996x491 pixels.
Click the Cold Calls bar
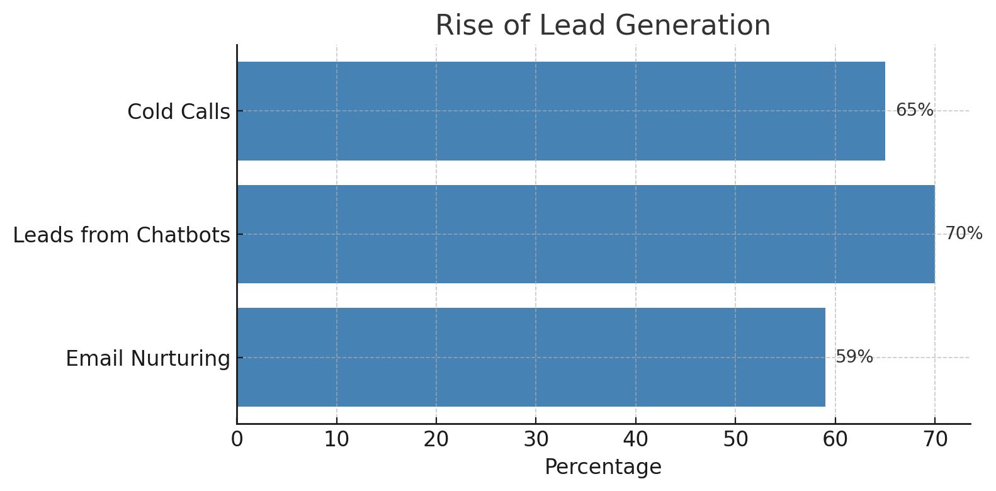click(560, 111)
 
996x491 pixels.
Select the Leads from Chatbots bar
click(586, 234)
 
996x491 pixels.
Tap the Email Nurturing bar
click(531, 357)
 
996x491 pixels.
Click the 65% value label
click(914, 111)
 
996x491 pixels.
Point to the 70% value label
click(964, 234)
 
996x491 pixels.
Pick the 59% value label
click(854, 357)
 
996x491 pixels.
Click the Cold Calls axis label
click(179, 112)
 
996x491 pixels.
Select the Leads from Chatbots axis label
click(122, 235)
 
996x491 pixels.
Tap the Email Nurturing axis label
click(148, 359)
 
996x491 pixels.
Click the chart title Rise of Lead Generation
click(603, 26)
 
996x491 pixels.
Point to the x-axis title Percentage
click(603, 467)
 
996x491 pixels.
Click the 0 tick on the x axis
click(237, 439)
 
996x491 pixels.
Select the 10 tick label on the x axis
click(336, 439)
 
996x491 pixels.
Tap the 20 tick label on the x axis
click(436, 439)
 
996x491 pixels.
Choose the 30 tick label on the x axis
click(536, 439)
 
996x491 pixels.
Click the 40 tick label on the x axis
click(635, 439)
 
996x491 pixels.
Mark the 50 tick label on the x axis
click(735, 439)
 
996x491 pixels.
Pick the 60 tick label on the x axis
click(835, 439)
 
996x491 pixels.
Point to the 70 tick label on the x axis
click(934, 439)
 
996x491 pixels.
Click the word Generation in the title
click(693, 26)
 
